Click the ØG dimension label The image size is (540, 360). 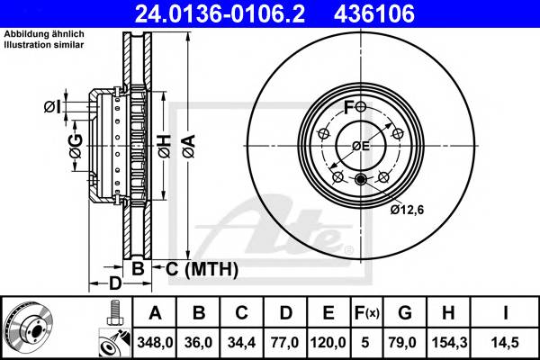tap(75, 141)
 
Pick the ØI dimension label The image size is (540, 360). tap(52, 108)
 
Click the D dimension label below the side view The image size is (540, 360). tap(114, 285)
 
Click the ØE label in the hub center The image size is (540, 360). tap(361, 146)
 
